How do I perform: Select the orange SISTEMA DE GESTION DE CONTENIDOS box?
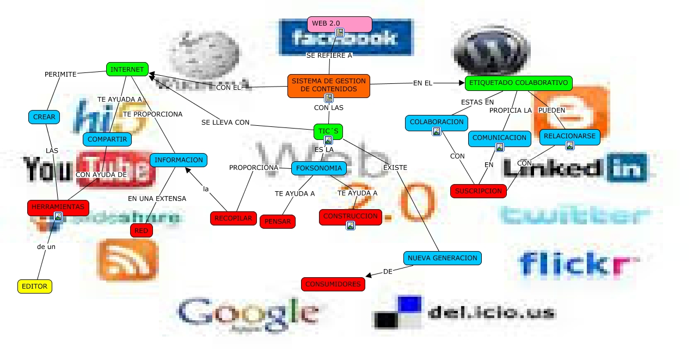point(328,85)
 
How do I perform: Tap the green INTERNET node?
point(127,69)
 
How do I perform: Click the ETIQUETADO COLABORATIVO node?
point(518,83)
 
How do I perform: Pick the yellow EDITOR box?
point(35,286)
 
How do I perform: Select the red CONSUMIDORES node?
point(333,284)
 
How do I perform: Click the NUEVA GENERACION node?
point(442,258)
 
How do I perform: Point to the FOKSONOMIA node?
point(319,168)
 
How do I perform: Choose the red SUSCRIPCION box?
point(478,191)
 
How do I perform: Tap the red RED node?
point(142,230)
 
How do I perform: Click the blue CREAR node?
point(44,117)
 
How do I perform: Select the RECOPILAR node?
point(233,218)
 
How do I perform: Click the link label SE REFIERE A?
point(329,55)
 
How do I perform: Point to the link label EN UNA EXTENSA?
point(157,199)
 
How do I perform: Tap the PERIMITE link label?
point(60,74)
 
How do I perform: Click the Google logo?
point(248,315)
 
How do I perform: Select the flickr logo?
point(577,264)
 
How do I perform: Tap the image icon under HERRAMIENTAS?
point(58,216)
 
